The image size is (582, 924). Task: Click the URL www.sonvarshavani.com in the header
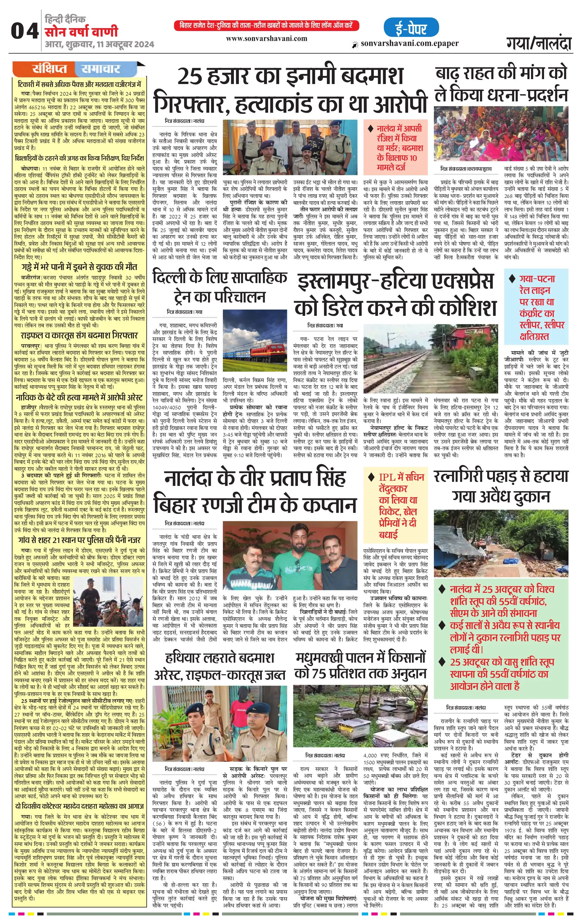pos(266,38)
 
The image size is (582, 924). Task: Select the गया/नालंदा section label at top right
pos(538,43)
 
